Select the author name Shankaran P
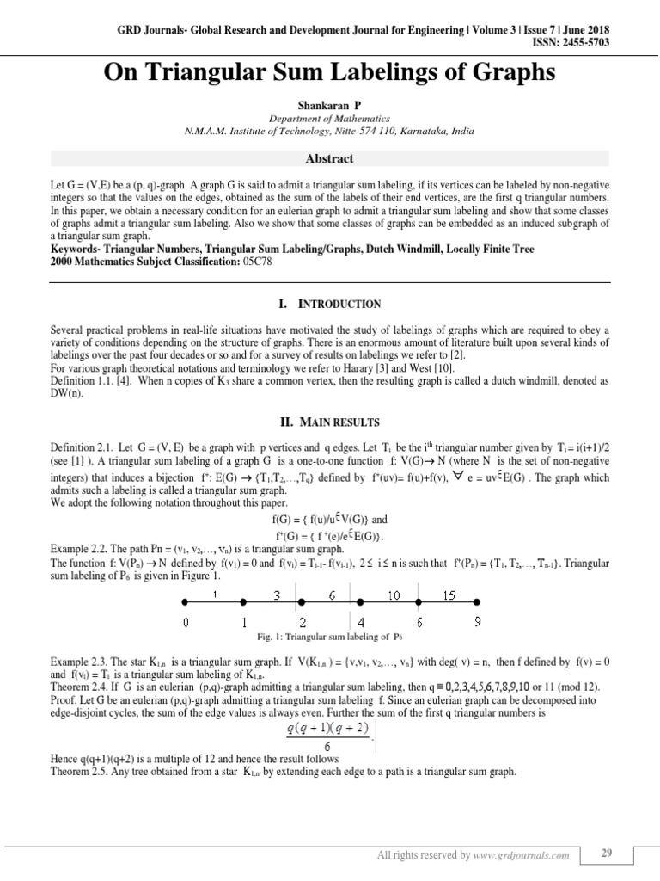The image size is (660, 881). click(330, 102)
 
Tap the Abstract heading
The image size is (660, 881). click(330, 159)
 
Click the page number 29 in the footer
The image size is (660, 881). click(606, 853)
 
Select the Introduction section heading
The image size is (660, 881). click(329, 304)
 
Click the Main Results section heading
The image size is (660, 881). click(330, 422)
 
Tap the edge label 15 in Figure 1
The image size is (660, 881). click(449, 595)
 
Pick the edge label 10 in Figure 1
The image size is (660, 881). click(394, 595)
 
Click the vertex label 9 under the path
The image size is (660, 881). click(477, 621)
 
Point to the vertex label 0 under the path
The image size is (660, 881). click(186, 621)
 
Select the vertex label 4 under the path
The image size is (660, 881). click(360, 621)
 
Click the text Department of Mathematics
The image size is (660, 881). click(330, 119)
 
